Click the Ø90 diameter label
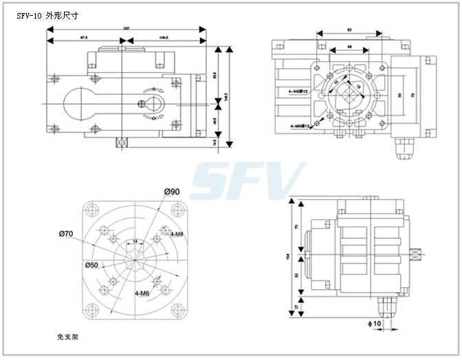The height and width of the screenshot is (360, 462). click(x=172, y=191)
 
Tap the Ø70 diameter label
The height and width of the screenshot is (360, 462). click(x=65, y=234)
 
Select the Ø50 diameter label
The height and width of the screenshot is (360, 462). click(x=91, y=265)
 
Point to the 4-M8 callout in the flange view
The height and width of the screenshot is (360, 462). click(x=175, y=234)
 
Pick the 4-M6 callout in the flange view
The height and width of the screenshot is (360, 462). click(x=142, y=293)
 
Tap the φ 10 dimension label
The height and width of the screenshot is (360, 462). click(x=377, y=323)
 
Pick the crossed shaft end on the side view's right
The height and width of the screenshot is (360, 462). click(x=417, y=255)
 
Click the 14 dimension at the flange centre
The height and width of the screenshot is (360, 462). click(x=135, y=240)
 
